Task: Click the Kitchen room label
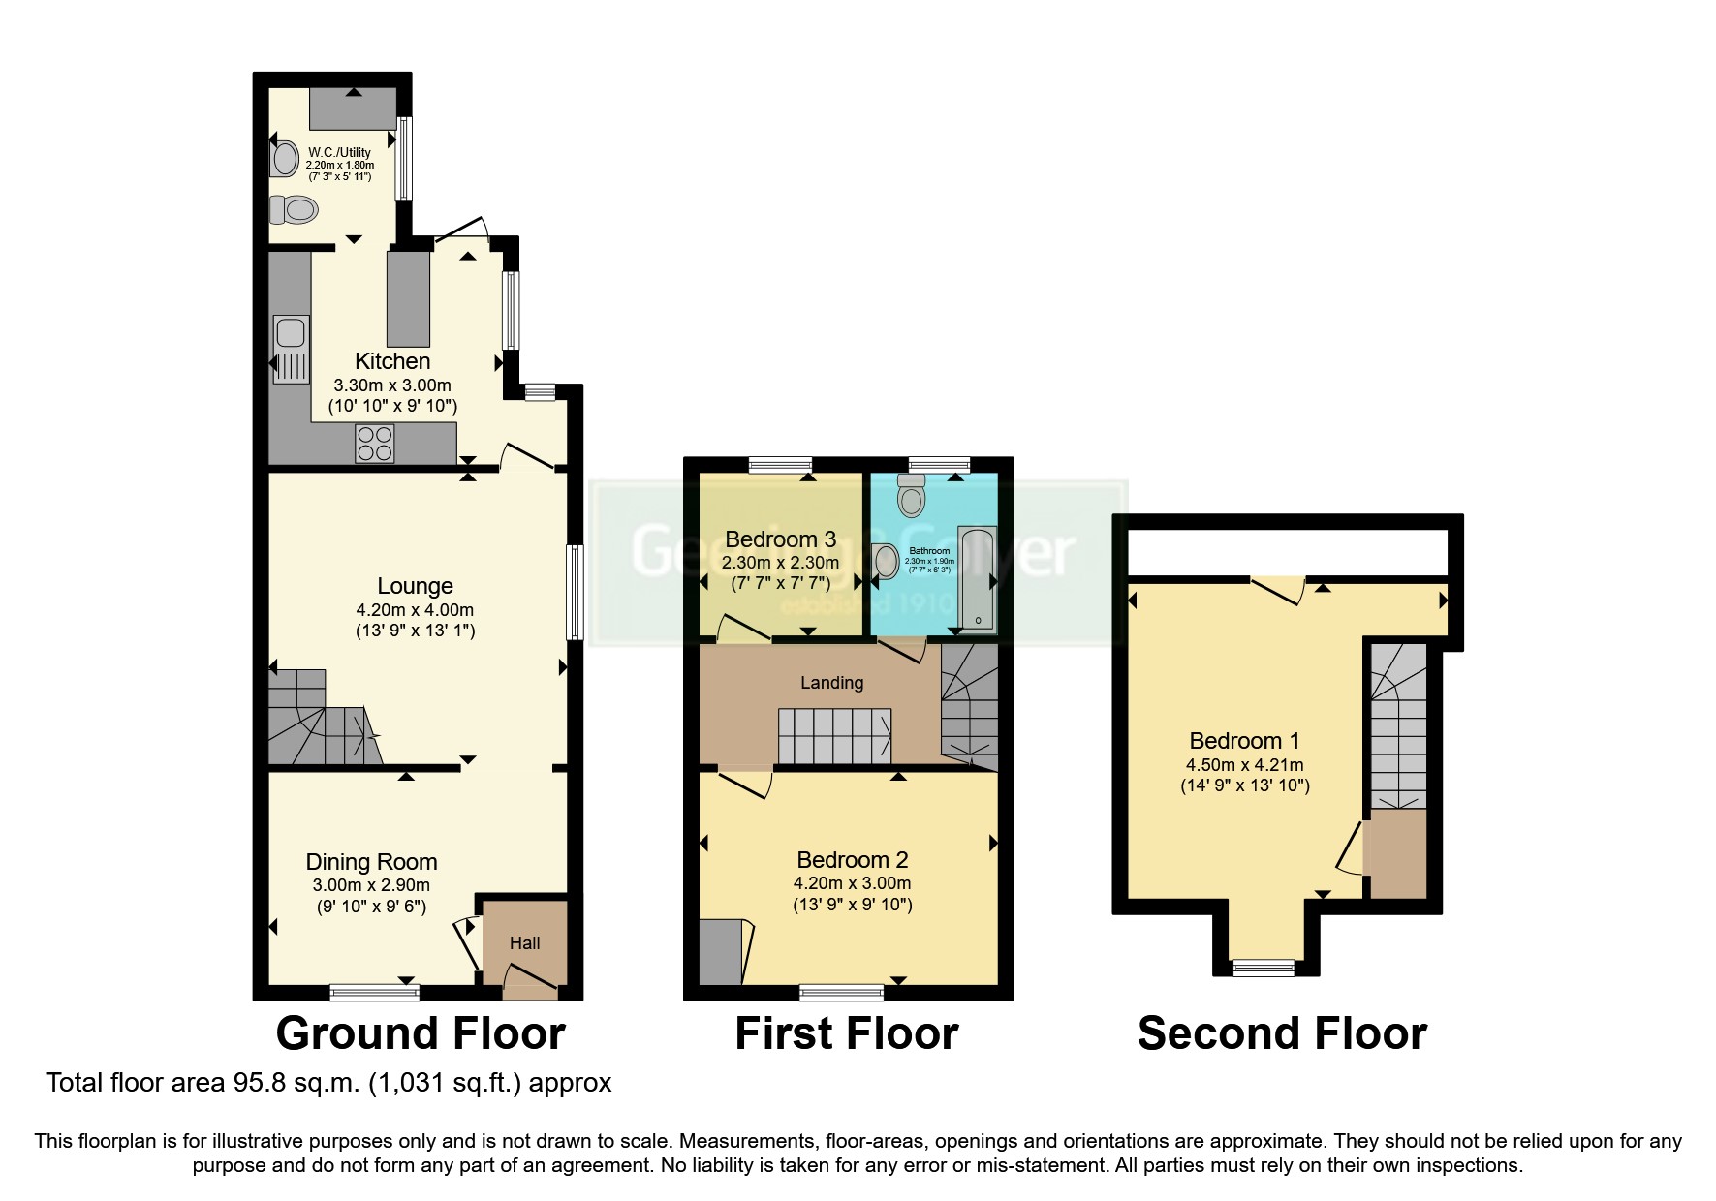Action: point(392,361)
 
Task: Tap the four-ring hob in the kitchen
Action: point(375,444)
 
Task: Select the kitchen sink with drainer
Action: point(290,349)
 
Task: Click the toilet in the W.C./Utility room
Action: point(294,209)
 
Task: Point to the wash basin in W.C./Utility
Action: point(284,159)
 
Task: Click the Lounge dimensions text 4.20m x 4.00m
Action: point(415,610)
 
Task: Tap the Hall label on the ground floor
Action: point(524,942)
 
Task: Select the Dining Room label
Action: point(371,862)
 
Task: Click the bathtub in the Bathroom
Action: point(976,579)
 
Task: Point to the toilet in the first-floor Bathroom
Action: point(912,496)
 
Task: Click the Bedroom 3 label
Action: point(780,539)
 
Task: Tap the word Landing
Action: point(831,683)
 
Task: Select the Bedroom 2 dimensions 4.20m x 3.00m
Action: point(852,883)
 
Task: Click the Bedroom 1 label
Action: point(1244,741)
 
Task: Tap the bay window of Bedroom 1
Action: point(1263,966)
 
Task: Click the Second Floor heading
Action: point(1281,1033)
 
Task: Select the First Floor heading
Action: point(846,1033)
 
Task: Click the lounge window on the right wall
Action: point(575,592)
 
